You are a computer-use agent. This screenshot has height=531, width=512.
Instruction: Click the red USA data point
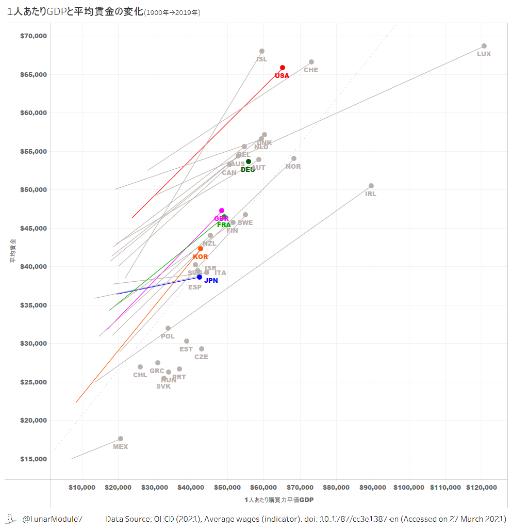[x=283, y=68]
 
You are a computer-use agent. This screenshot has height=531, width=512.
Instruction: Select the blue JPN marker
[x=200, y=277]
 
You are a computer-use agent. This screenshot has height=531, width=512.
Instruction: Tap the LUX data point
[x=484, y=46]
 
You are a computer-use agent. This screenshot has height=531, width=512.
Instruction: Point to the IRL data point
[x=371, y=186]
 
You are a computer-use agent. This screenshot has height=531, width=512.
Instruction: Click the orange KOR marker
[x=201, y=249]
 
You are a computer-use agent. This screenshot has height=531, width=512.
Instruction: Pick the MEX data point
[x=121, y=439]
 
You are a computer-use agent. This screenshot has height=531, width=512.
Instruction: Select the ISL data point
[x=262, y=51]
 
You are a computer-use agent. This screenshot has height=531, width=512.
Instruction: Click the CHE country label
[x=311, y=70]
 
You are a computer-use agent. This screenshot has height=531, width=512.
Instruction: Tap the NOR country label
[x=293, y=167]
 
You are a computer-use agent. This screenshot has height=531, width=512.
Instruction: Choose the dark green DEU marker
[x=249, y=162]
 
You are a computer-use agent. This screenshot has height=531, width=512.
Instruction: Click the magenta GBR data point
[x=222, y=211]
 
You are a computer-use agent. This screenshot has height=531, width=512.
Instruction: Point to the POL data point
[x=168, y=328]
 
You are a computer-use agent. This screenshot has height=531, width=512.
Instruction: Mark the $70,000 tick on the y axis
[x=34, y=36]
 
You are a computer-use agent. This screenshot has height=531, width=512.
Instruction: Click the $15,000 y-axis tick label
[x=34, y=459]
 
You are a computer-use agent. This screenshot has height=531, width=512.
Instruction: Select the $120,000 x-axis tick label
[x=482, y=488]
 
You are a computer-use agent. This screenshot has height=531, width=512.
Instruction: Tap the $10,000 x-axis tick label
[x=82, y=488]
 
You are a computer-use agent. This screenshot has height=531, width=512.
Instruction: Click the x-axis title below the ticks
[x=279, y=500]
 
